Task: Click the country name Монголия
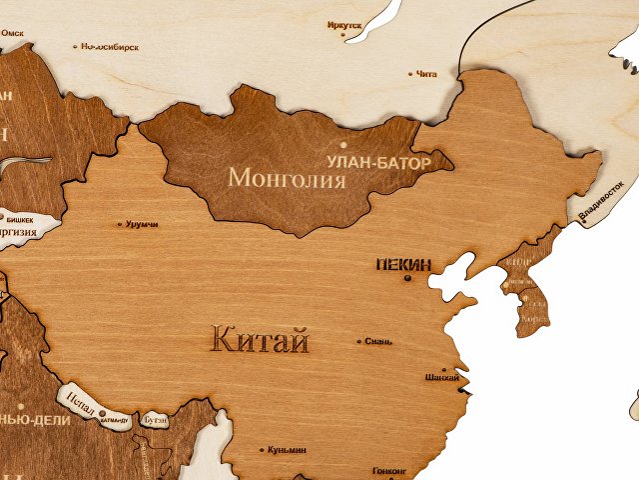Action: click(287, 178)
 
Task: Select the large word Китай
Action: click(260, 340)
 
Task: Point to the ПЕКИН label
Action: click(402, 265)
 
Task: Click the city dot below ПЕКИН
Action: click(406, 278)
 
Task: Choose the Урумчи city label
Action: click(142, 224)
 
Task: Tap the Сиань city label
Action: click(378, 341)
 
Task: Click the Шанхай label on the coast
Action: click(441, 377)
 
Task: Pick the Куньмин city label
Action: click(287, 450)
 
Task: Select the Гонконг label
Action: click(388, 469)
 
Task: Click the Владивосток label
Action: click(601, 200)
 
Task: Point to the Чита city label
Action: click(426, 73)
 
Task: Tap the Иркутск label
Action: click(344, 25)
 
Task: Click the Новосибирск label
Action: click(110, 46)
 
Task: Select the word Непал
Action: click(79, 399)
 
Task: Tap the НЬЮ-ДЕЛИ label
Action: click(35, 420)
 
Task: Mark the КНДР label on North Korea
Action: click(518, 262)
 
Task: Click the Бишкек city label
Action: click(20, 218)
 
